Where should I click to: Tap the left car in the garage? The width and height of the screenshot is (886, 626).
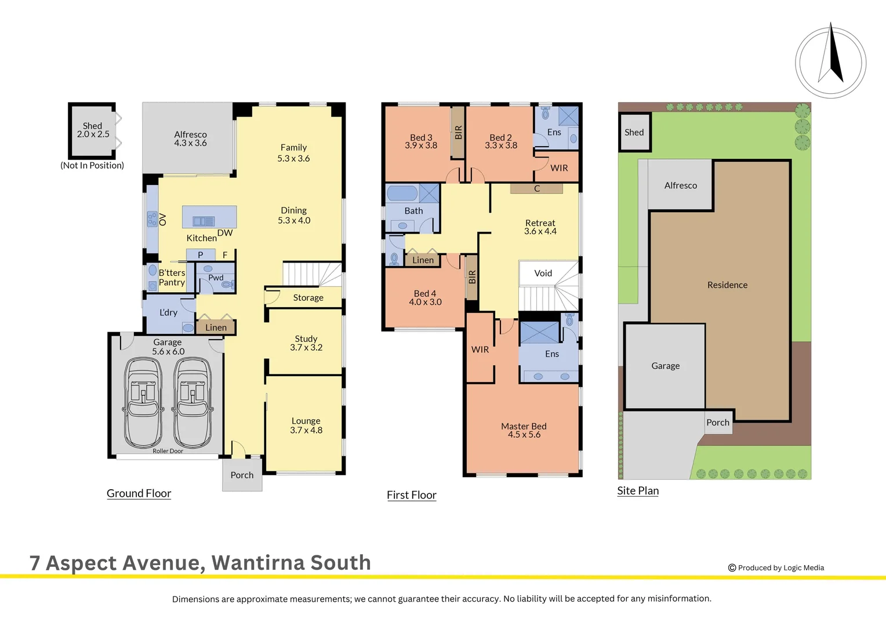pos(143,402)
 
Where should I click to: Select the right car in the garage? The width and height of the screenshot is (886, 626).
pos(193,402)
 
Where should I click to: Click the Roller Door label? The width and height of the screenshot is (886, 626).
pos(168,451)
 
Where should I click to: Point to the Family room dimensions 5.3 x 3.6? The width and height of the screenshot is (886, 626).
pos(293,158)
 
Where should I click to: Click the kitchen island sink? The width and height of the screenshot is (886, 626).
pos(204,221)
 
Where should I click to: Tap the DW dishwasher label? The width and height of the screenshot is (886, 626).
pos(225,233)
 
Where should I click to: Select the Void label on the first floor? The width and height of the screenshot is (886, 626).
pos(543,273)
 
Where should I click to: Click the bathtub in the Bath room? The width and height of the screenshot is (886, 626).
pos(402,193)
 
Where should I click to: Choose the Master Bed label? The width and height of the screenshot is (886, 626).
pos(524,426)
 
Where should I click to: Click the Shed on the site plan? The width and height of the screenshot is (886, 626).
pos(634,132)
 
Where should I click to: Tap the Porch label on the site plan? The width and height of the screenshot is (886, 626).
pos(718,423)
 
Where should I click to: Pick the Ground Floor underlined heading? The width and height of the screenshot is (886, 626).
pos(139,493)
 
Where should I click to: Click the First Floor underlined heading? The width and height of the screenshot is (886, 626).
pos(412,495)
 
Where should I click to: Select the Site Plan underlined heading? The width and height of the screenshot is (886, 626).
pos(638,490)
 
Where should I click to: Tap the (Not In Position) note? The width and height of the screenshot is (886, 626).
pos(92,165)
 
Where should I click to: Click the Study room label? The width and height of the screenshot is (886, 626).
pos(306,339)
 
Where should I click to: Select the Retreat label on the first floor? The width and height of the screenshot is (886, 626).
pos(540,223)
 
